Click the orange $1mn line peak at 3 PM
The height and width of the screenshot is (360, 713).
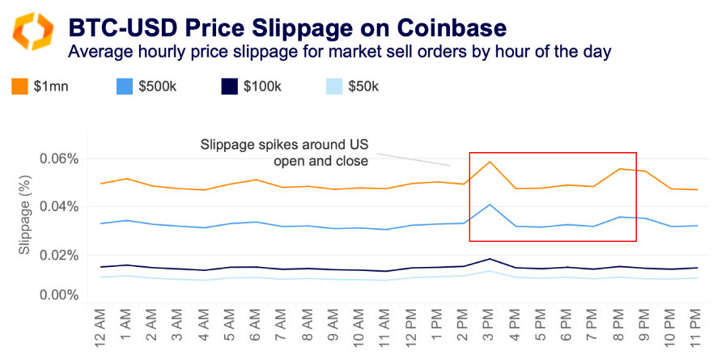point(490,162)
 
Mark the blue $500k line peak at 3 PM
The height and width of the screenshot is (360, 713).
point(490,205)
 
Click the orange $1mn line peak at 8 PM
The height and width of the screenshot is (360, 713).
point(618,169)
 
